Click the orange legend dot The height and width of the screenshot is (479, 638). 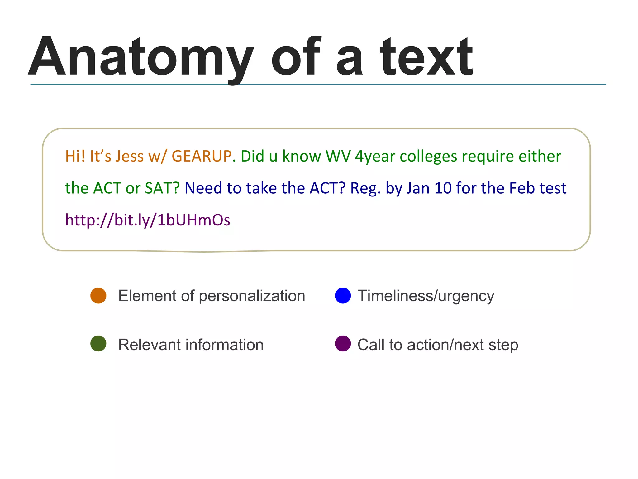pyautogui.click(x=98, y=296)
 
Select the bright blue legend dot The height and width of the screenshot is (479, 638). pyautogui.click(x=343, y=296)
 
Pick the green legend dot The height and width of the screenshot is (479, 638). pyautogui.click(x=98, y=344)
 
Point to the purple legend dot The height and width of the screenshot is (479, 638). pyautogui.click(x=343, y=344)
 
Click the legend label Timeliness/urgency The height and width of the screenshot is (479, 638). pyautogui.click(x=426, y=296)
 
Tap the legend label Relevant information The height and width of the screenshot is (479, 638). pyautogui.click(x=191, y=345)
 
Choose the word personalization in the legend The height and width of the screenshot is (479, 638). pyautogui.click(x=252, y=296)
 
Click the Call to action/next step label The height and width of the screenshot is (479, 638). pyautogui.click(x=438, y=345)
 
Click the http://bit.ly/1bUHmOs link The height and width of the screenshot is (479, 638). pyautogui.click(x=148, y=220)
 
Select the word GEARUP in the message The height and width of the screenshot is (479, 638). pyautogui.click(x=202, y=156)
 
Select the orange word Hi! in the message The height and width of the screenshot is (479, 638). pyautogui.click(x=75, y=156)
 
